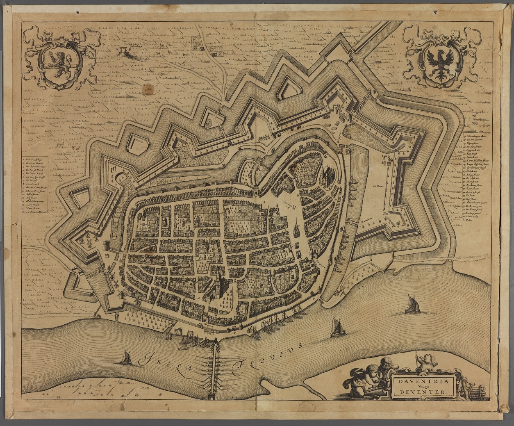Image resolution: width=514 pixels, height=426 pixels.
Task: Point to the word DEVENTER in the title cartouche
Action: (423, 392)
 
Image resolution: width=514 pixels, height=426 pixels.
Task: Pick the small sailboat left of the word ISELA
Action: (126, 358)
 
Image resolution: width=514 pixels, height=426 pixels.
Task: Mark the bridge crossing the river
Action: (213, 369)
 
